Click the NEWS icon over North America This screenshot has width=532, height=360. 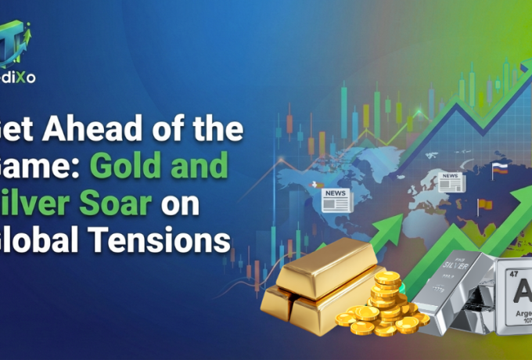[336, 199]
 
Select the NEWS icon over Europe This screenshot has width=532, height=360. [451, 182]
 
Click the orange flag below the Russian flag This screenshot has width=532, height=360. [482, 204]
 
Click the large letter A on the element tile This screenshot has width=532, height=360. [523, 295]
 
